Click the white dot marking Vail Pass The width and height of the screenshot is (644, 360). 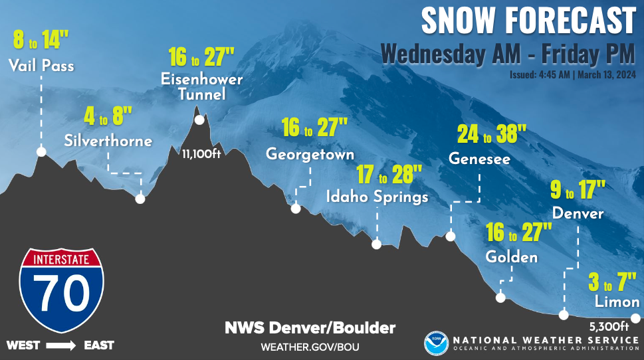pos(41,152)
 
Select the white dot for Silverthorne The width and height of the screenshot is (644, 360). pos(140,198)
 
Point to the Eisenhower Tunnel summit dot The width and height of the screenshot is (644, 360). pos(199,120)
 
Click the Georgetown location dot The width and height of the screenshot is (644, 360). pos(296,209)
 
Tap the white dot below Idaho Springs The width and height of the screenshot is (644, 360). pos(376,244)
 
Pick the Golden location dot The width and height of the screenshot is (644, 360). pos(500,298)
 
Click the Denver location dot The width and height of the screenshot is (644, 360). pos(564,315)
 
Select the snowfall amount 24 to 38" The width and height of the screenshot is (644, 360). pos(492,135)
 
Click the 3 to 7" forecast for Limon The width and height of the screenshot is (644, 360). pos(608,282)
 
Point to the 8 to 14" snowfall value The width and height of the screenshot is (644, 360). pos(41,41)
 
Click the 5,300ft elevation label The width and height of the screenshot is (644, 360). pos(609,326)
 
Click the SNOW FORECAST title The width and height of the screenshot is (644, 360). pos(528,21)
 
